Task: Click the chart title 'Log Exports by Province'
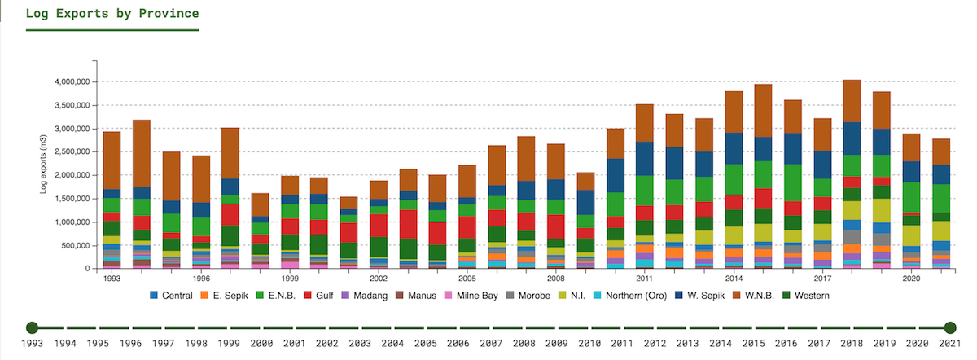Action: point(112,14)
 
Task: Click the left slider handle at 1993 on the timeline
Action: point(32,327)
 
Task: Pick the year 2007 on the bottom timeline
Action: point(491,345)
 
